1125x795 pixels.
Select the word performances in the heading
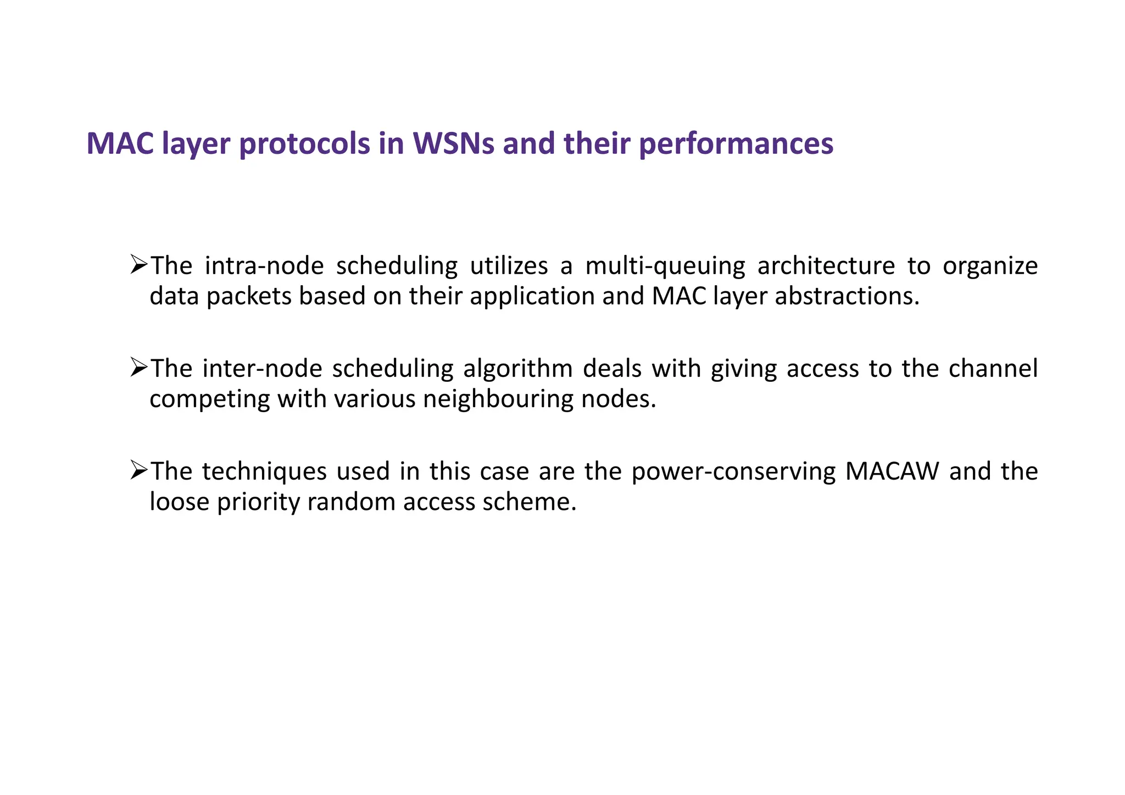(736, 143)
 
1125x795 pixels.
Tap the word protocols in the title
(305, 143)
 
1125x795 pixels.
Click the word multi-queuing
(665, 266)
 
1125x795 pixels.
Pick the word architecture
(826, 266)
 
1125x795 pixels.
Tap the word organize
(990, 266)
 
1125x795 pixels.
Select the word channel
(993, 369)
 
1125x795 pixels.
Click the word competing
(209, 399)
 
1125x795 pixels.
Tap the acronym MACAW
(892, 471)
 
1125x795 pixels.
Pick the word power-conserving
(733, 471)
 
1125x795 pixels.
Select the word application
(532, 297)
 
